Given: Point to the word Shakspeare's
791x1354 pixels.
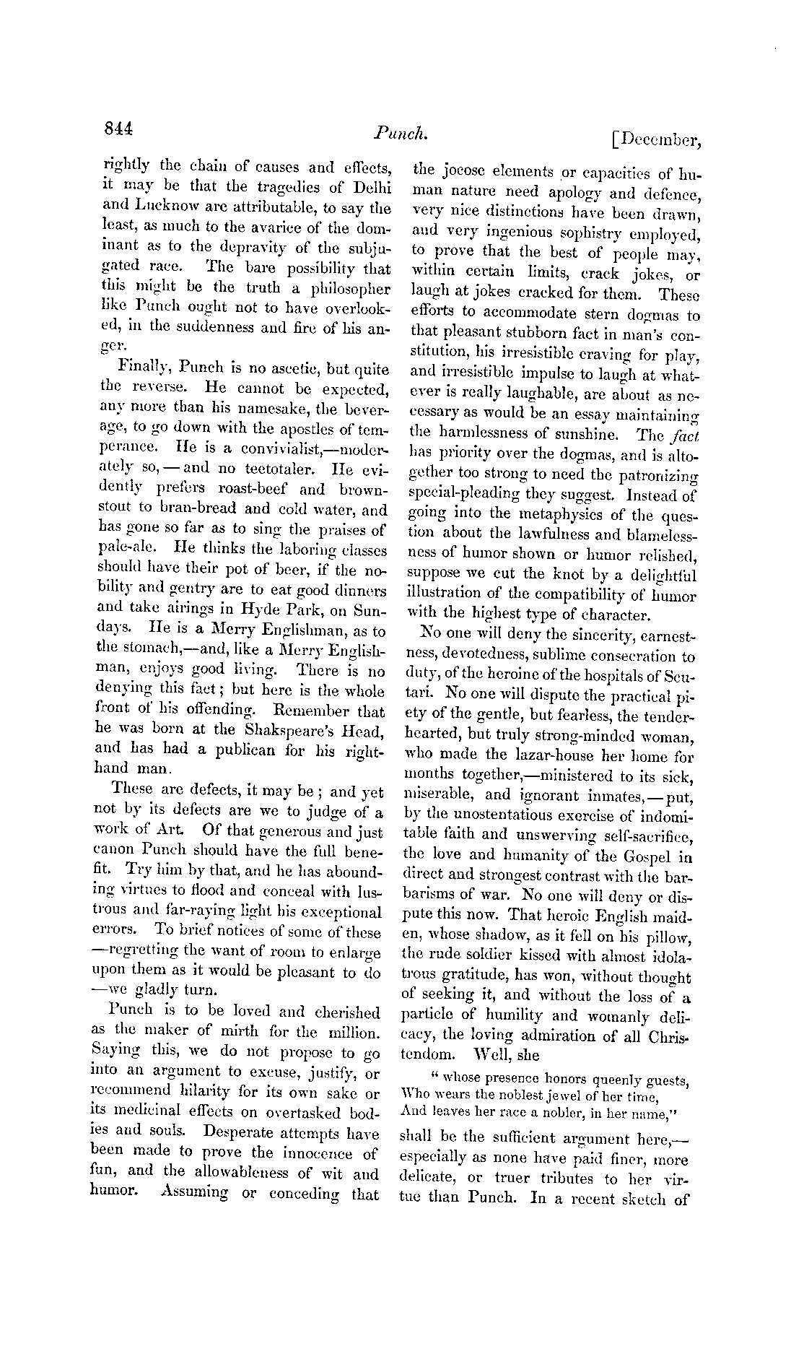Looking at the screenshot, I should point(285,729).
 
